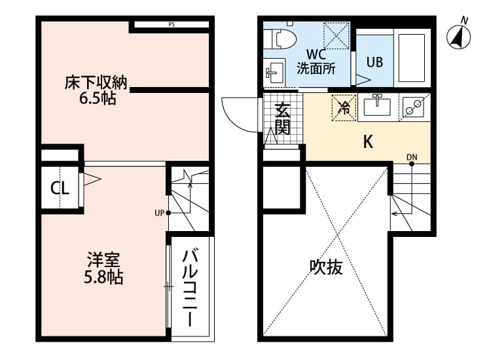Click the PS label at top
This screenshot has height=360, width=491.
pyautogui.click(x=172, y=26)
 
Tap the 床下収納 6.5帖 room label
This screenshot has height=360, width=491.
pyautogui.click(x=96, y=91)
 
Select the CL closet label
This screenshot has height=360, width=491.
pyautogui.click(x=60, y=189)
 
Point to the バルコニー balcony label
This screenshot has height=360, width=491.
pyautogui.click(x=191, y=287)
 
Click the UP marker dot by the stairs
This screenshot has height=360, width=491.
pyautogui.click(x=168, y=213)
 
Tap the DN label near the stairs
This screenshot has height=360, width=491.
pyautogui.click(x=412, y=157)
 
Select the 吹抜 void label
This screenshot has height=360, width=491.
pyautogui.click(x=326, y=267)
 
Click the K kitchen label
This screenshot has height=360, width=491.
pyautogui.click(x=368, y=142)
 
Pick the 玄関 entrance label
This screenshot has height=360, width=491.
pyautogui.click(x=282, y=119)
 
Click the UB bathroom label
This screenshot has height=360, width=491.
pyautogui.click(x=374, y=62)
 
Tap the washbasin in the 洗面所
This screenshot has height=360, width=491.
pyautogui.click(x=274, y=71)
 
